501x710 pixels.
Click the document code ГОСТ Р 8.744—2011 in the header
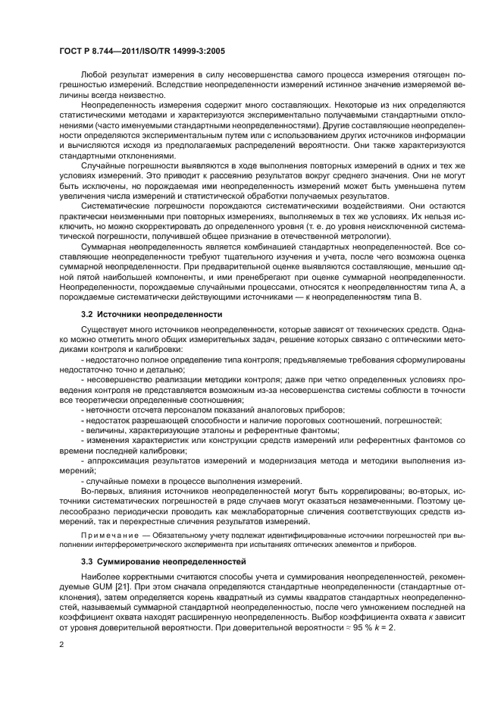click(96, 52)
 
